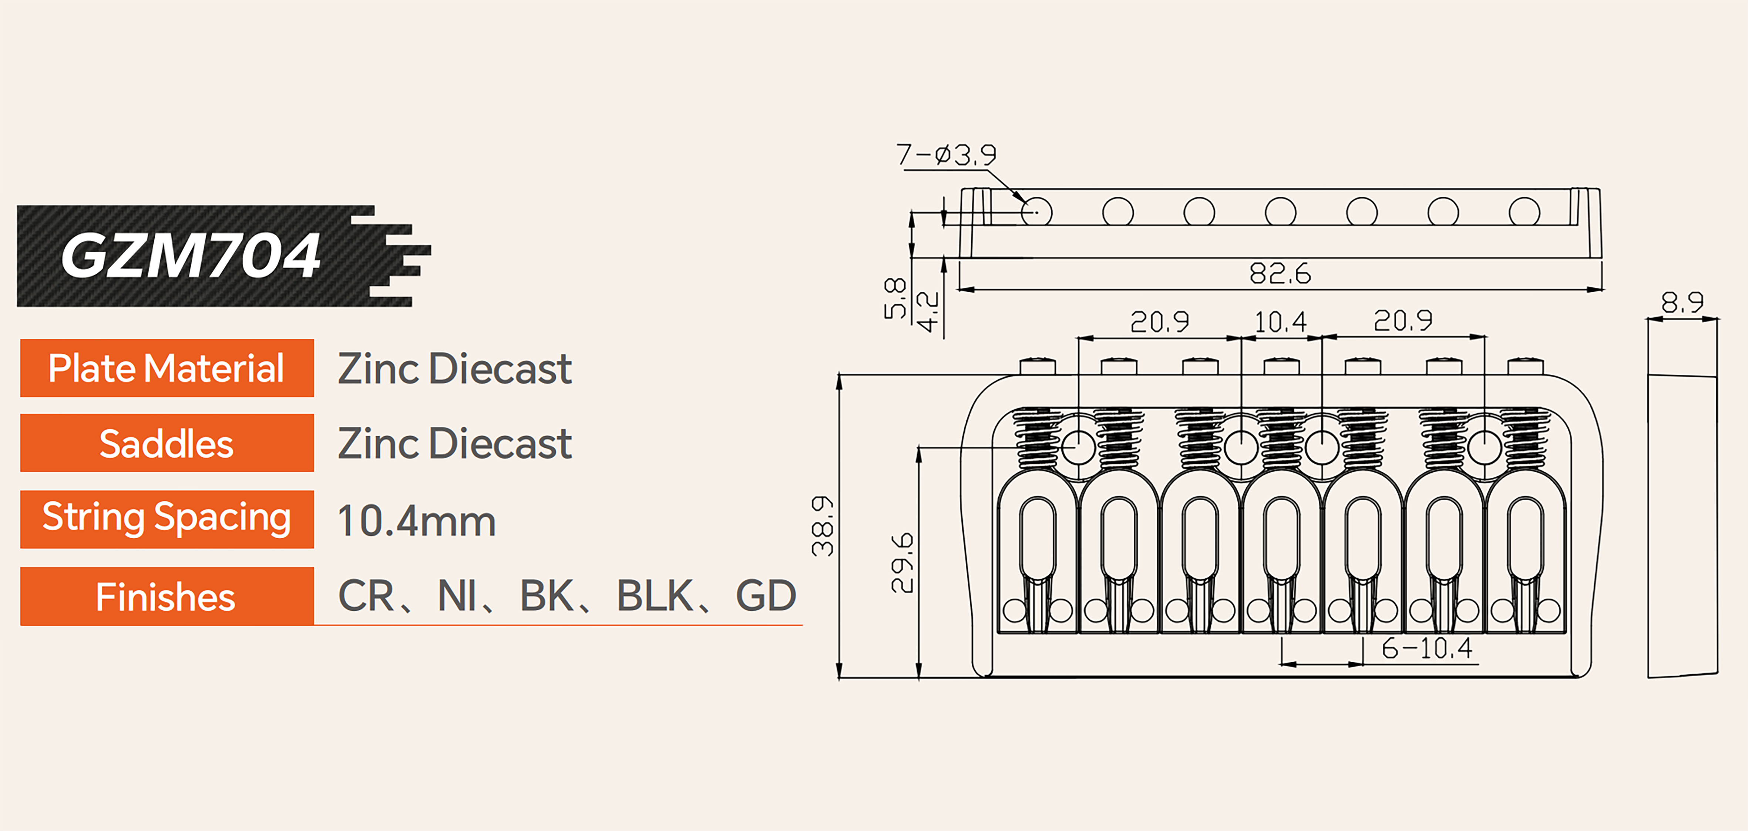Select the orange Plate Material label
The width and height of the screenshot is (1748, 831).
pyautogui.click(x=167, y=368)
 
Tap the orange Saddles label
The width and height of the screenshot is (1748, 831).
pyautogui.click(x=167, y=443)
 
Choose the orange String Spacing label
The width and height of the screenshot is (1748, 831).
pyautogui.click(x=167, y=519)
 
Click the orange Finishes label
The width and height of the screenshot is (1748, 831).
pyautogui.click(x=167, y=596)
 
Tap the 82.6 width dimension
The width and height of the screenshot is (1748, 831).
pyautogui.click(x=1280, y=274)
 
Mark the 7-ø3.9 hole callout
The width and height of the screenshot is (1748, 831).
pyautogui.click(x=946, y=155)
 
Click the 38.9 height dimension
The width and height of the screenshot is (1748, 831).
pyautogui.click(x=823, y=526)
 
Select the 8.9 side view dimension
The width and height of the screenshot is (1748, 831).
pyautogui.click(x=1682, y=302)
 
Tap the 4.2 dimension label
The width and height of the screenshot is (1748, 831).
pyautogui.click(x=928, y=312)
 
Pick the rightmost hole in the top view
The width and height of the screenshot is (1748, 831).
pyautogui.click(x=1524, y=212)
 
